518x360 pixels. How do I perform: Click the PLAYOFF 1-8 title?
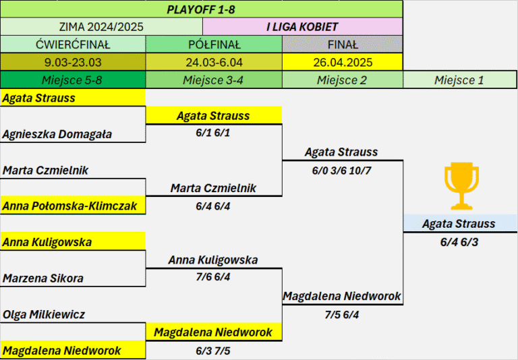[x=201, y=9]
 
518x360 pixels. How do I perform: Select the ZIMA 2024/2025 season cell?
[x=101, y=27]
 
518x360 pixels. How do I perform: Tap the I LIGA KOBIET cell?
[x=302, y=27]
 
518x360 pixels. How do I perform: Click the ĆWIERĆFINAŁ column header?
[x=73, y=44]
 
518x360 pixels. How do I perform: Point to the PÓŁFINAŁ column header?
[x=214, y=44]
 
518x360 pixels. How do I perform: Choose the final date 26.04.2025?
[x=343, y=63]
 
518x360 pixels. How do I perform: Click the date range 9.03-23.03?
[x=73, y=63]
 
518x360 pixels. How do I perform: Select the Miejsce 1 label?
[x=459, y=80]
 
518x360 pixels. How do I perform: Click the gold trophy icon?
[x=461, y=186]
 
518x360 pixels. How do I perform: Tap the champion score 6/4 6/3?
[x=459, y=242]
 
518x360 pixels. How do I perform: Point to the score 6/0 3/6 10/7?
[x=341, y=171]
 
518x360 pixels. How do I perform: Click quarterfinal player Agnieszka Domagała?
[x=57, y=134]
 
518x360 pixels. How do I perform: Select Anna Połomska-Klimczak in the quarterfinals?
[x=69, y=206]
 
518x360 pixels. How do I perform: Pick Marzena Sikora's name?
[x=43, y=278]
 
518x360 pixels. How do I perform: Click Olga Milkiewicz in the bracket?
[x=44, y=314]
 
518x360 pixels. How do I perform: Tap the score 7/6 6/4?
[x=213, y=277]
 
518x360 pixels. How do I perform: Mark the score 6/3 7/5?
[x=213, y=351]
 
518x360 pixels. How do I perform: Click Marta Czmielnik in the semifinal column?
[x=213, y=188]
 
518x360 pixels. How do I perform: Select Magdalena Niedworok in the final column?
[x=342, y=296]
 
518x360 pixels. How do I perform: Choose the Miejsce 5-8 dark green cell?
[x=73, y=80]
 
